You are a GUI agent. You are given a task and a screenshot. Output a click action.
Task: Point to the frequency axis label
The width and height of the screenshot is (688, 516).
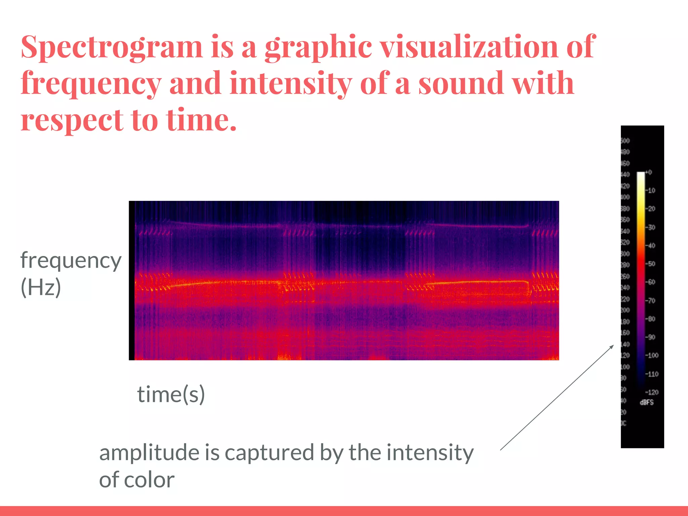click(71, 261)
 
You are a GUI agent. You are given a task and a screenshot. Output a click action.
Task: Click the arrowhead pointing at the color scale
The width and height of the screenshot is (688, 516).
click(612, 346)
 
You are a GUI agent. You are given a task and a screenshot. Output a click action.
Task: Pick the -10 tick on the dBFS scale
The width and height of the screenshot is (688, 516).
click(651, 190)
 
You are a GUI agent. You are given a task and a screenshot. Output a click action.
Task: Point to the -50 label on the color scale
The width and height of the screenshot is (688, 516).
click(651, 264)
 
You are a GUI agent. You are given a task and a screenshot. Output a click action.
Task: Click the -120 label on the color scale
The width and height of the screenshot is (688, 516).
click(652, 392)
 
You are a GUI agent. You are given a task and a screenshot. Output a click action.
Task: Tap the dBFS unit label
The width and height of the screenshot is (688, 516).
click(647, 402)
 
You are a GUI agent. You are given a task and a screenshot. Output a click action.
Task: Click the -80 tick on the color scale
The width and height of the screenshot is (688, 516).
click(651, 318)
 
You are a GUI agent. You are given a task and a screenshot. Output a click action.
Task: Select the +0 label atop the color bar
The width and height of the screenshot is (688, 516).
click(649, 172)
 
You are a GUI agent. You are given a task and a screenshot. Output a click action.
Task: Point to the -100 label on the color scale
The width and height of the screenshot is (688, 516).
click(652, 355)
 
